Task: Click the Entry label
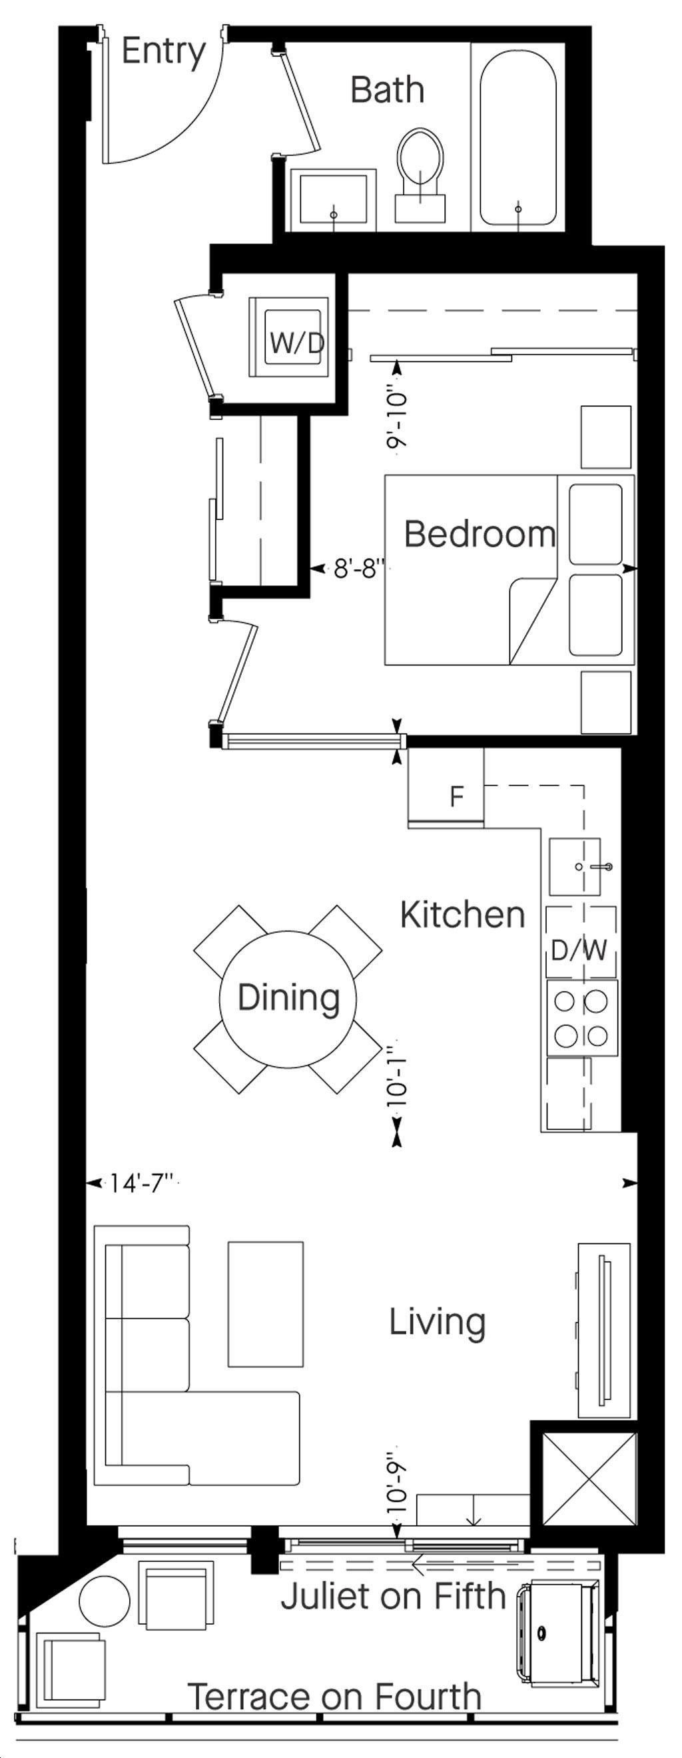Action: (x=163, y=52)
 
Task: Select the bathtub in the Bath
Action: (x=517, y=140)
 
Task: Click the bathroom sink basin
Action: (x=334, y=199)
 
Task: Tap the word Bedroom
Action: (x=480, y=534)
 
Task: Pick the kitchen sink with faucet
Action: (x=575, y=867)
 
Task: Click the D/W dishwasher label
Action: (x=579, y=950)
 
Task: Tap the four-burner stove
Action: (x=581, y=1018)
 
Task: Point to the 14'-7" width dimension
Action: (x=144, y=1183)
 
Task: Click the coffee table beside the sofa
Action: (x=265, y=1304)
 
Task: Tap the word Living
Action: (x=437, y=1323)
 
